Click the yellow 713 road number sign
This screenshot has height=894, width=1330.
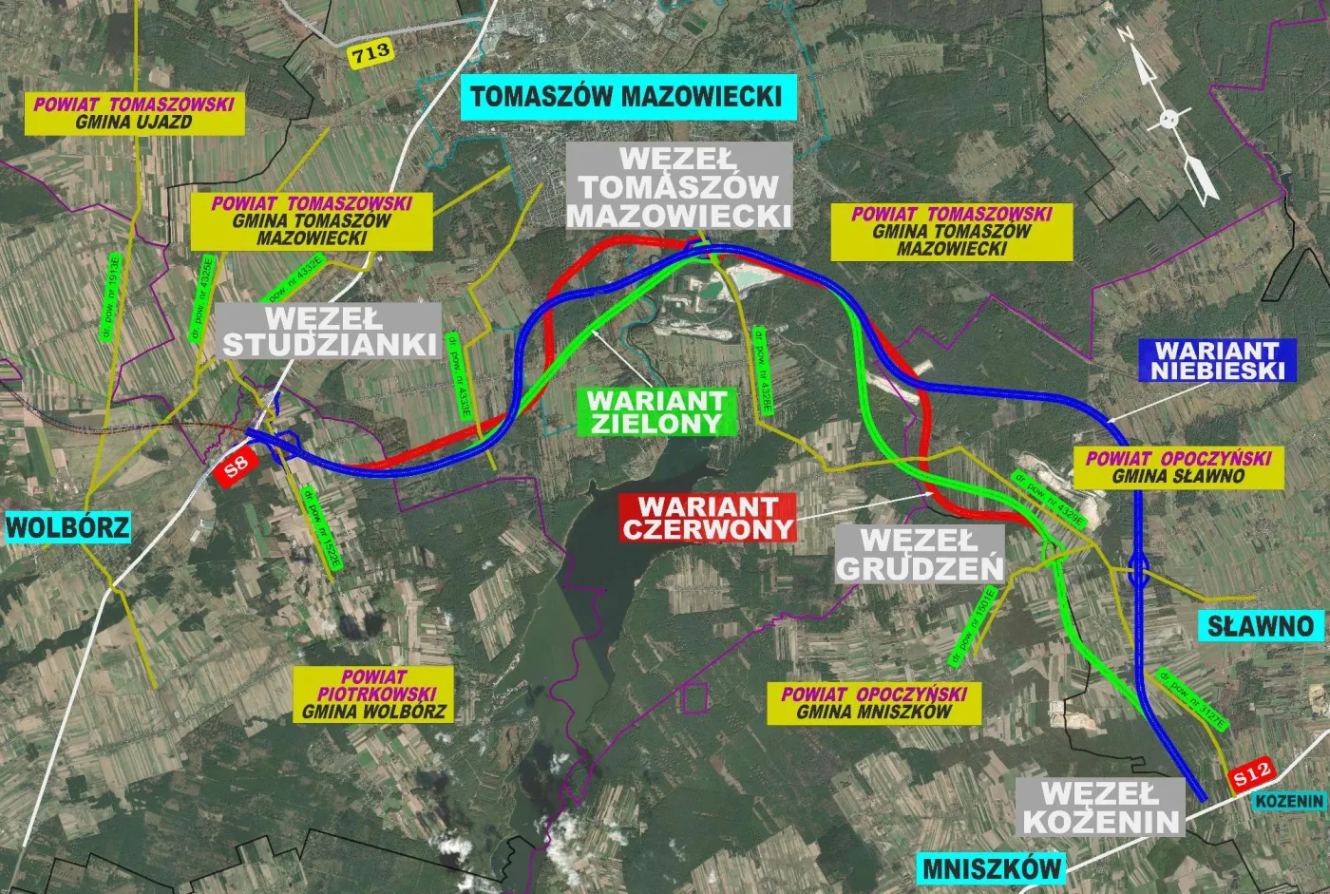click(x=370, y=52)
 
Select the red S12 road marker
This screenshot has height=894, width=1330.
click(x=1253, y=775)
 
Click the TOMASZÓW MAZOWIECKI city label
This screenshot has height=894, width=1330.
click(x=627, y=97)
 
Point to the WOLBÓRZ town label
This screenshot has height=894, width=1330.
click(x=67, y=527)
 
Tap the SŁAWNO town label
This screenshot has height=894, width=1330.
click(x=1261, y=626)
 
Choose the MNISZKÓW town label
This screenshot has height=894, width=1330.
click(x=991, y=867)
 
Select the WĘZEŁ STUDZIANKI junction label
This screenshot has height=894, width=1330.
click(x=332, y=331)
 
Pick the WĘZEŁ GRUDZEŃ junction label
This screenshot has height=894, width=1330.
click(x=920, y=554)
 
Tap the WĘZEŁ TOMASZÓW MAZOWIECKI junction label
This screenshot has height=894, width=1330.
click(x=679, y=186)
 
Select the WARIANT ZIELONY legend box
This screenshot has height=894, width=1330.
click(x=656, y=411)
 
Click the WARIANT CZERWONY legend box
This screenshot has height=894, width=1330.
click(x=708, y=518)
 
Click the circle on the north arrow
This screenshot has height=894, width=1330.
click(x=1169, y=120)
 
